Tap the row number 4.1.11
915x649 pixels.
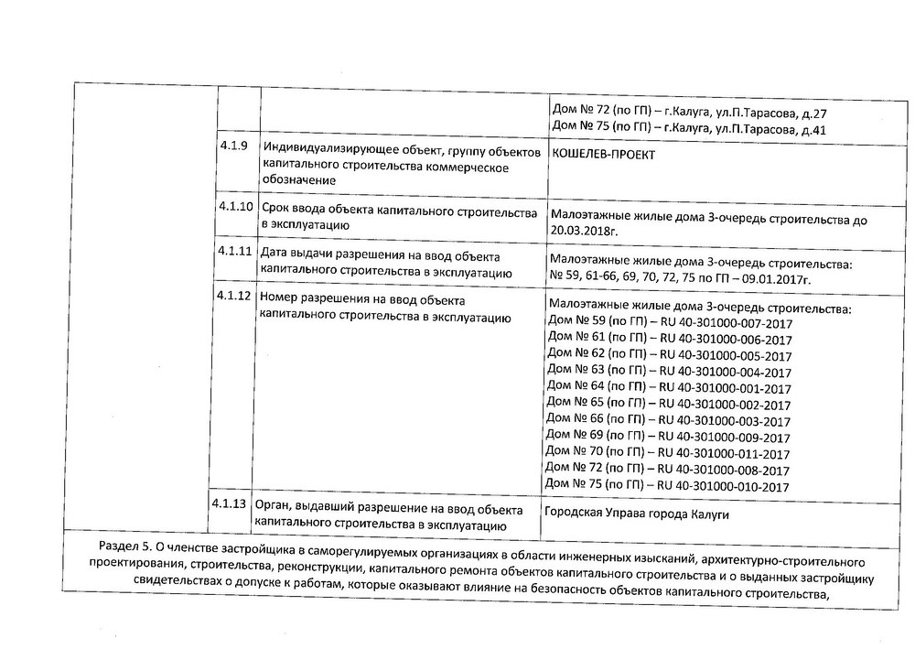pos(235,252)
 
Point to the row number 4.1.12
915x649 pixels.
pos(235,298)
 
